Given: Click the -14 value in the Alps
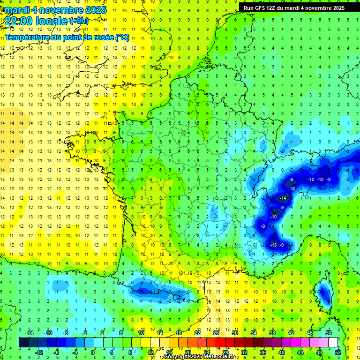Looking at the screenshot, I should click(283, 198).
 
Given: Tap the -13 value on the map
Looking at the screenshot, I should click(275, 245).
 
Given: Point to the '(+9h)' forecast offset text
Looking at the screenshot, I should click(78, 21).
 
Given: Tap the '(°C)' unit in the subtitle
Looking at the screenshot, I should click(122, 37).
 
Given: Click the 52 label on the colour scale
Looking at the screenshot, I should click(337, 352).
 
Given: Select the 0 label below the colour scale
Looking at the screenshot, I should click(92, 352).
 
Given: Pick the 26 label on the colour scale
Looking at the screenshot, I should click(216, 332).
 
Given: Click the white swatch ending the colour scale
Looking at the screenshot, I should click(333, 342).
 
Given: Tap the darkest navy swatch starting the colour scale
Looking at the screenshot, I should click(23, 342).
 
